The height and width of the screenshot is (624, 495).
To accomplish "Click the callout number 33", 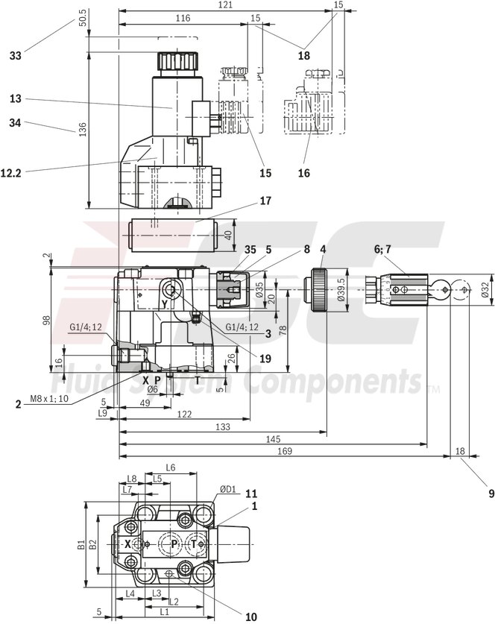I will [16, 55].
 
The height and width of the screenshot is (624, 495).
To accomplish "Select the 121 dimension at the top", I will [226, 5].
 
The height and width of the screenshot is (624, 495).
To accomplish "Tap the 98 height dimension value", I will [46, 320].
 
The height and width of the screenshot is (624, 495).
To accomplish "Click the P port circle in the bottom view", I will [174, 545].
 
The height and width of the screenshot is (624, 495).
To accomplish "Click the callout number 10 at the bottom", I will [250, 616].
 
